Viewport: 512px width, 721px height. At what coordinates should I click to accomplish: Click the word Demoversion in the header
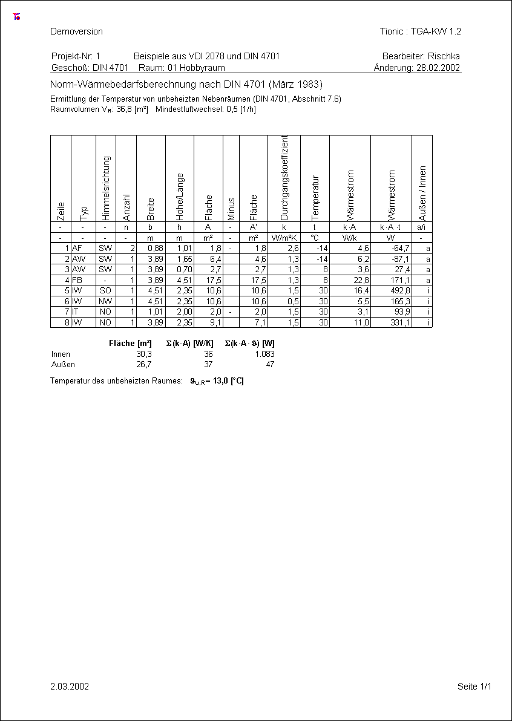point(76,31)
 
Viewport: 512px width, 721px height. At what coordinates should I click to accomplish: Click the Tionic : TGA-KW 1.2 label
point(420,31)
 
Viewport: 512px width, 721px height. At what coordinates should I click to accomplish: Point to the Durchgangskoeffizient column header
point(284,178)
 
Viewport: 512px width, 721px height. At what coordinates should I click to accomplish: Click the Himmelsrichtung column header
point(105,188)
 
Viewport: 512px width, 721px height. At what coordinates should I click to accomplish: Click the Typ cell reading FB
point(77,280)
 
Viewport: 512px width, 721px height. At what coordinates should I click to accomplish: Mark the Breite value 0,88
point(156,248)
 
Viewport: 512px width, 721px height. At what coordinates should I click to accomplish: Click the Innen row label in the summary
point(61,354)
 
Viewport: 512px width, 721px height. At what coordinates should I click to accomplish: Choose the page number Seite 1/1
point(474,687)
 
